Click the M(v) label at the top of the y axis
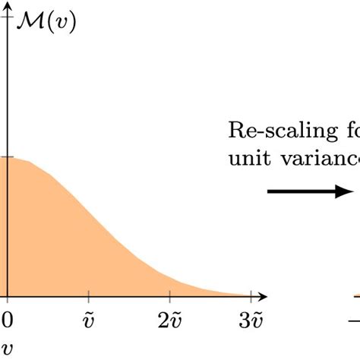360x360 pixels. pyautogui.click(x=45, y=24)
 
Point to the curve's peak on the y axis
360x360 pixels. pyautogui.click(x=8, y=158)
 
